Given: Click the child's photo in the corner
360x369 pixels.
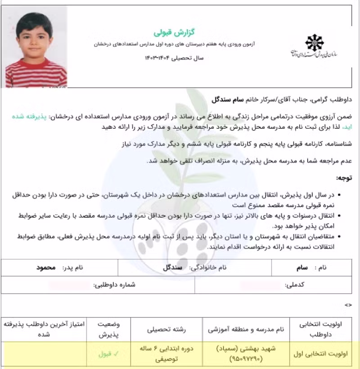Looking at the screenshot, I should pos(36,49).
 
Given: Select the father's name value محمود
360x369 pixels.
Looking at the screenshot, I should pos(46,267).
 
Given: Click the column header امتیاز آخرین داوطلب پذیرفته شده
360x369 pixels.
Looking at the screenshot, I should pos(44,329).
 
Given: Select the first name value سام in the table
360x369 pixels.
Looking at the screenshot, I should pos(302,267).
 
